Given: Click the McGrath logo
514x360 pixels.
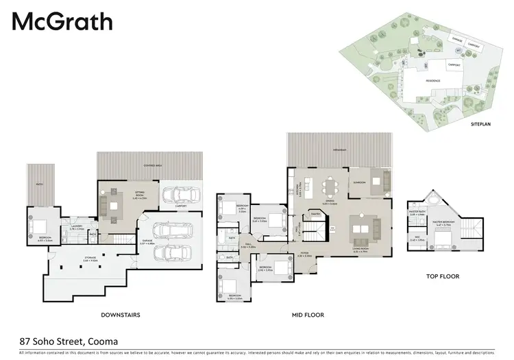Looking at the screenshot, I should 62,22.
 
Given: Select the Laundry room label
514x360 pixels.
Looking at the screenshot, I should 76,227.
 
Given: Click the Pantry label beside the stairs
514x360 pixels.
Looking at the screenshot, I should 316,214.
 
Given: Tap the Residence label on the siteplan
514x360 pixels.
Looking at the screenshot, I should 432,80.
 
